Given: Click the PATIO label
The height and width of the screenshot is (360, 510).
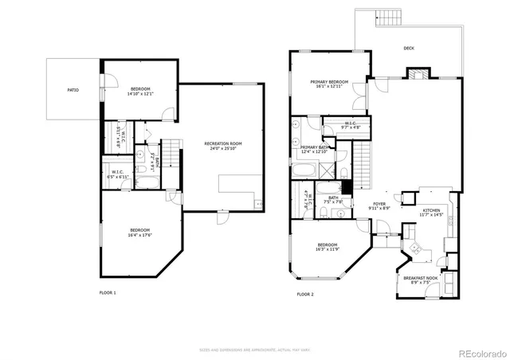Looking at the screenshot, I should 73,90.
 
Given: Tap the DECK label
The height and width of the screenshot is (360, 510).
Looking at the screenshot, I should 409,49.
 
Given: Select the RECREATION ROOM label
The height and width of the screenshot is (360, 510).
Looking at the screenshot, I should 223,143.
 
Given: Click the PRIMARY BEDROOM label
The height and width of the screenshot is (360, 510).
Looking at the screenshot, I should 329,82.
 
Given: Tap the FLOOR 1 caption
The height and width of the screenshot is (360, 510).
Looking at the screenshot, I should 108,293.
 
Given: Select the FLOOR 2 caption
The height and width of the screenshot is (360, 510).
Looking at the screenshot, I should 305,294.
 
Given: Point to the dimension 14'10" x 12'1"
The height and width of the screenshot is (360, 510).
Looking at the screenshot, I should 139,95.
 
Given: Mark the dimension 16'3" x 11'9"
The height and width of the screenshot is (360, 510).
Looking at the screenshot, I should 328,250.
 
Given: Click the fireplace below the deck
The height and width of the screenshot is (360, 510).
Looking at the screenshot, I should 418,74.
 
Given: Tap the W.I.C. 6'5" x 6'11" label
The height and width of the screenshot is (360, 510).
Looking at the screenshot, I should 117,175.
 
